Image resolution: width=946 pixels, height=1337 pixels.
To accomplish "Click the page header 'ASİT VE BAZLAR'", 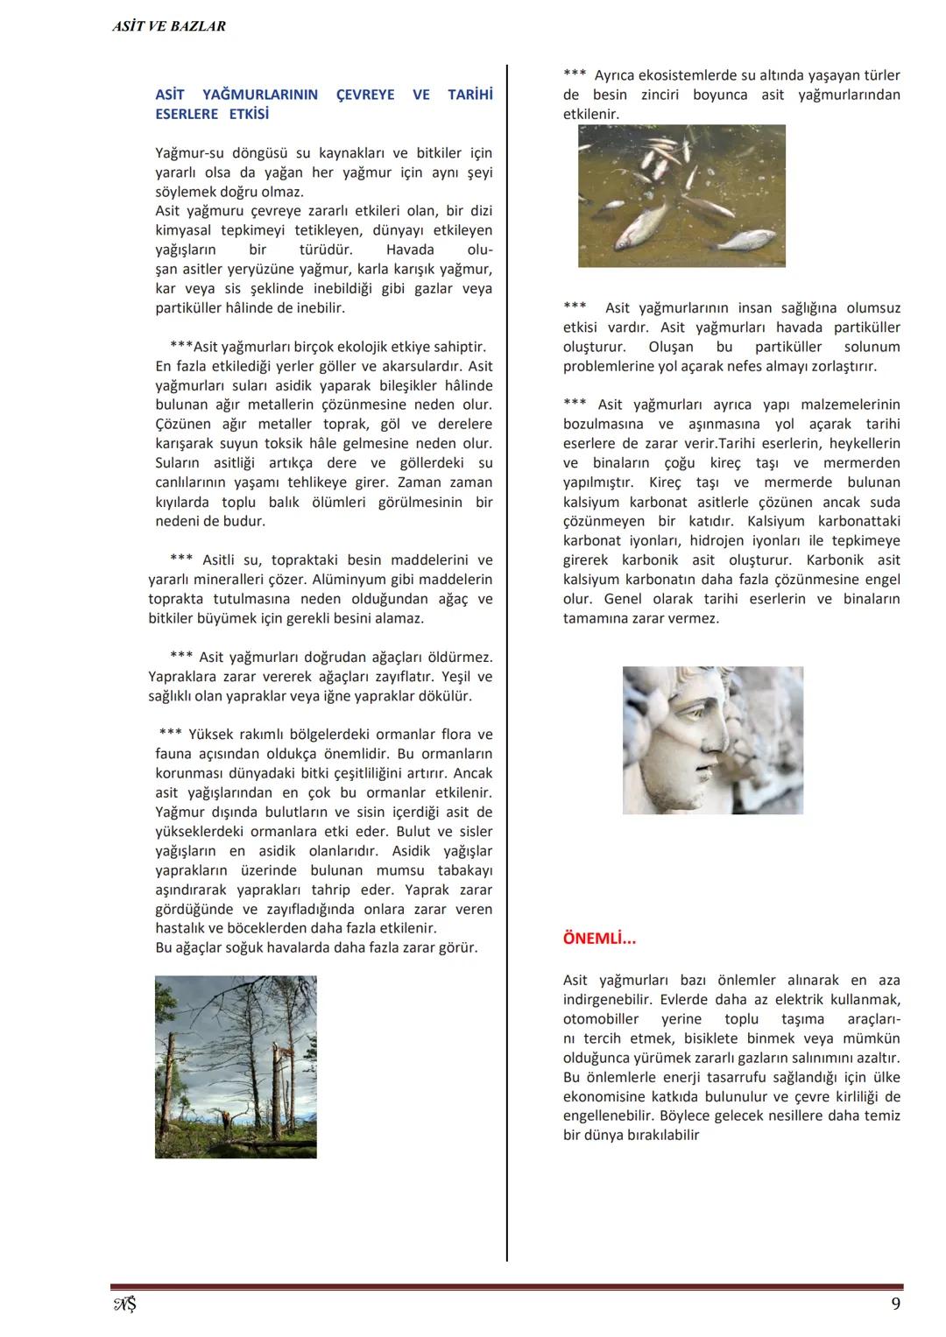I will coord(169,26).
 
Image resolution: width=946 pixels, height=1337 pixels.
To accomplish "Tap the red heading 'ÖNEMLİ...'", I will coord(599,939).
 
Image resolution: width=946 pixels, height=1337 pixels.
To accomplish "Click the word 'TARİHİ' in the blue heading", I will coord(469,95).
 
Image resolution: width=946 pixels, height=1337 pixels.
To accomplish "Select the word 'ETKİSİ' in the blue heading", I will coord(249,114).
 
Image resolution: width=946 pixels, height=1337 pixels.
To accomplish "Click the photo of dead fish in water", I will coord(681,195).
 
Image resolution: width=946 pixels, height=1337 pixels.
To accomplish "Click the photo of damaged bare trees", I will coord(236,1066).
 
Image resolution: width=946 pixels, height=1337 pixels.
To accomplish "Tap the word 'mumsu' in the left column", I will coord(400,870).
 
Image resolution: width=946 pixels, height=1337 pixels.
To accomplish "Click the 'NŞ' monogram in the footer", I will coord(124,1305).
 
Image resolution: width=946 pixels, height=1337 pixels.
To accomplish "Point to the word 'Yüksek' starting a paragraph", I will coord(211,735).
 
